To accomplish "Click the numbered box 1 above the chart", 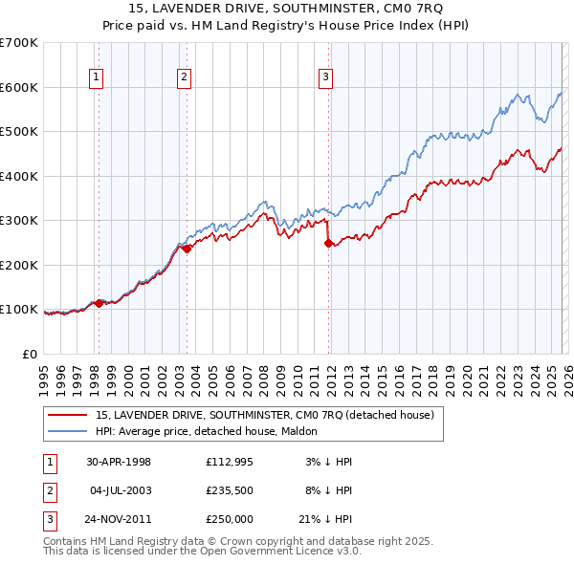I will coord(98,78).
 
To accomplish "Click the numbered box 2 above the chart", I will coord(184,78).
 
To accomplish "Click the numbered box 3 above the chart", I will coord(325,78).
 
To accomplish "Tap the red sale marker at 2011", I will coord(328,243).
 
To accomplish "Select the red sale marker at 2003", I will coord(188,249).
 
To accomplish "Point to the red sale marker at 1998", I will coord(99,303).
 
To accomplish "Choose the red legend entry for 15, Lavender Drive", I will coord(265,415).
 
